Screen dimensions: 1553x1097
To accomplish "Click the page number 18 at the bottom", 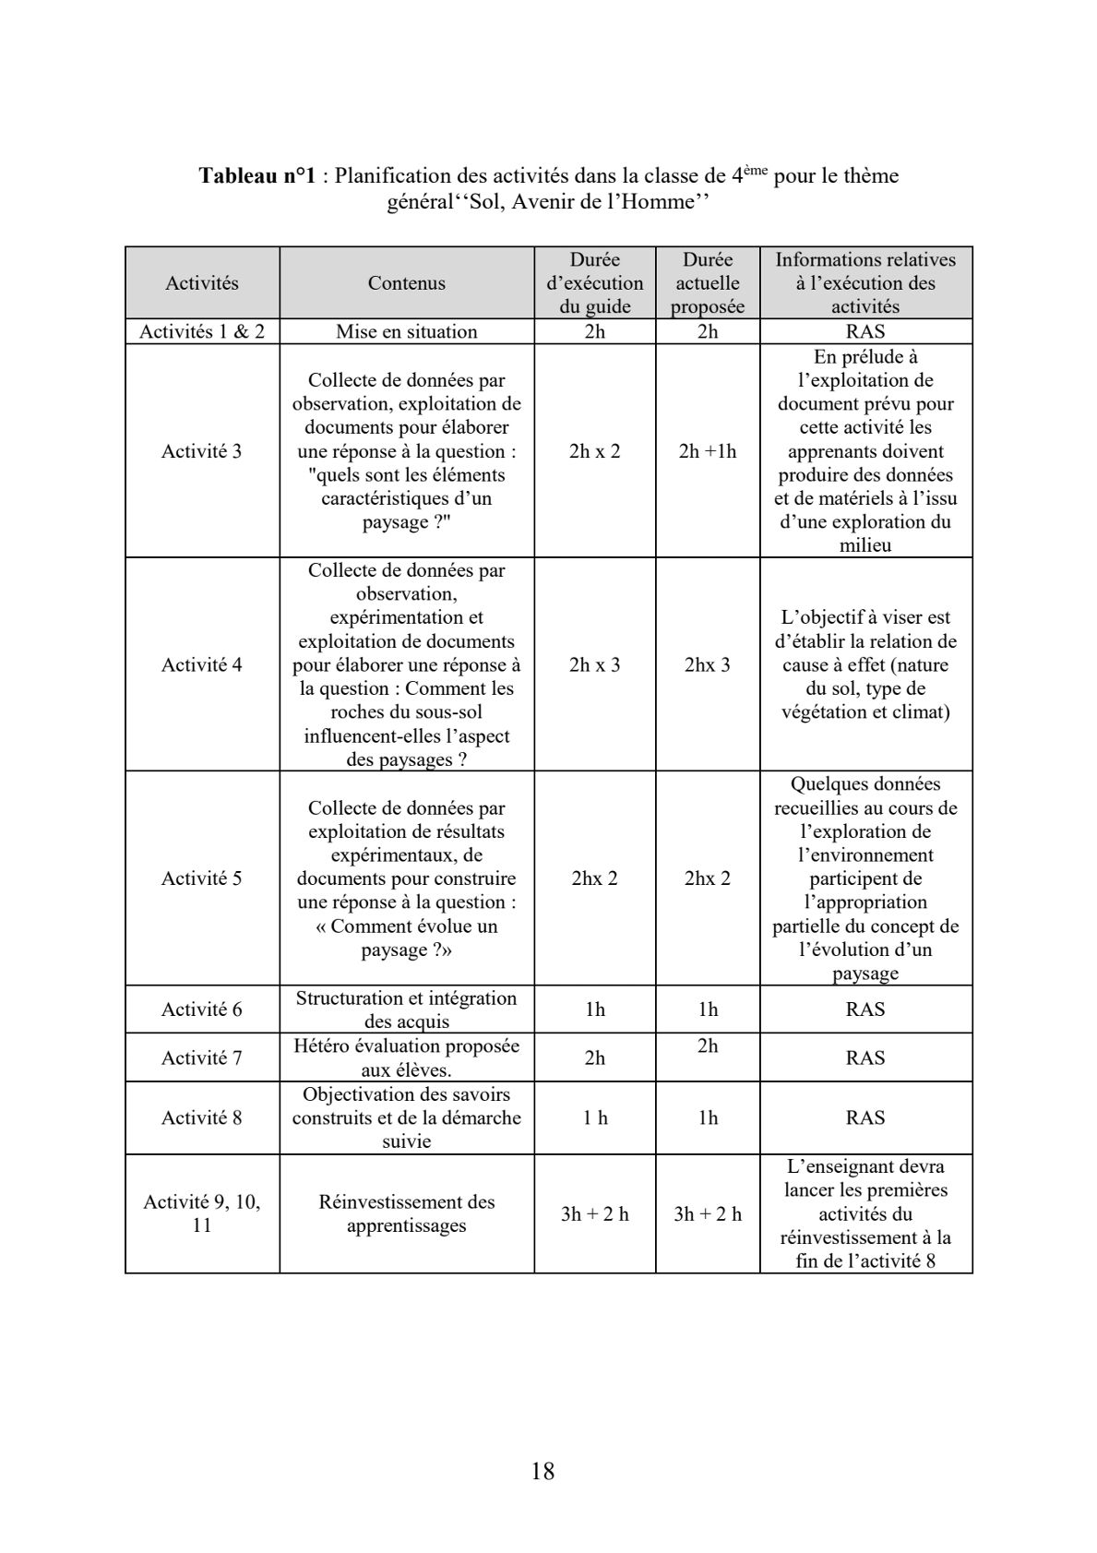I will (x=543, y=1471).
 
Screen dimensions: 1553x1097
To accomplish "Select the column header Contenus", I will (x=406, y=283).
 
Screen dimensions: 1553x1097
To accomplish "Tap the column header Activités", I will (x=201, y=283).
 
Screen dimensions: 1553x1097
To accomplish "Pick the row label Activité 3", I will (x=201, y=451).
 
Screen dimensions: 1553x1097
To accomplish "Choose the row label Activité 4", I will (x=201, y=664).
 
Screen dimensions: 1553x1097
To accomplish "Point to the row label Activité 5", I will (x=201, y=878).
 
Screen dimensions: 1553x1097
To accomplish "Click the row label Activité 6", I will (x=201, y=1009).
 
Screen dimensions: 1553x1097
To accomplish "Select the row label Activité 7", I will (x=201, y=1057).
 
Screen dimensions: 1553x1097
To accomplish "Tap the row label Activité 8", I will (x=201, y=1117).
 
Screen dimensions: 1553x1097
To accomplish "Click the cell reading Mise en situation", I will (x=406, y=332).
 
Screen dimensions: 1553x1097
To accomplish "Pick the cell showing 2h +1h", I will (x=708, y=451).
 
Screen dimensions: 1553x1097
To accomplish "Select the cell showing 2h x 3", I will (x=595, y=664).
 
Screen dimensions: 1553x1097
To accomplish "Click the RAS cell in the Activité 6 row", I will (x=865, y=1009).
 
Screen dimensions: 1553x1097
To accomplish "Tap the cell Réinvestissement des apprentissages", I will (x=406, y=1213).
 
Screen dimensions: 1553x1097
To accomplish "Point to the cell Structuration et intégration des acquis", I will (x=406, y=1009).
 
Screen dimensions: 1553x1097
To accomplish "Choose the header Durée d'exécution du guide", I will (x=595, y=283).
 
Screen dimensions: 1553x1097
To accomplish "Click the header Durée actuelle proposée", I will (x=708, y=283).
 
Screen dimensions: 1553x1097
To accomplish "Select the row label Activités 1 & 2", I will (x=201, y=332).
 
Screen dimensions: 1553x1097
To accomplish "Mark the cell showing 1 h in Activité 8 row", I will (x=595, y=1117).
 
